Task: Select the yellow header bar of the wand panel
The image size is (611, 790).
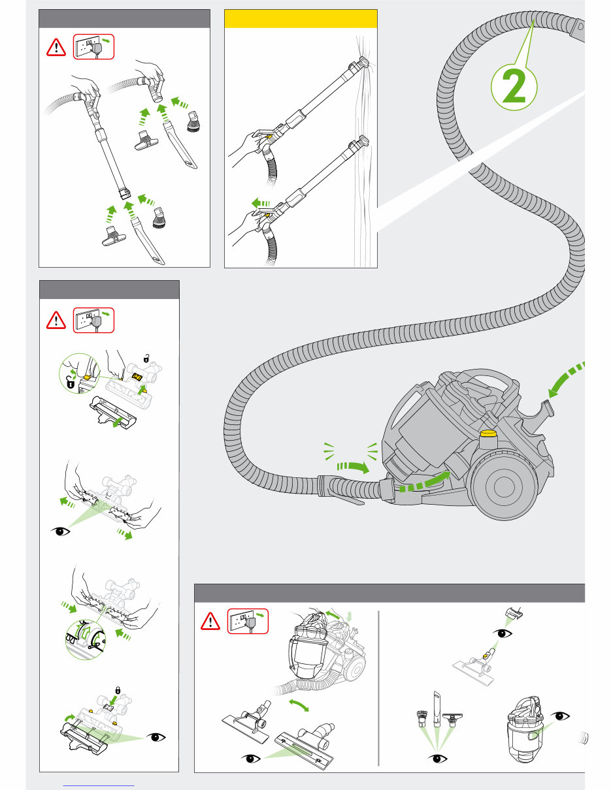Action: point(301,19)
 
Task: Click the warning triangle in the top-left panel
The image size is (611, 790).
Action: point(57,47)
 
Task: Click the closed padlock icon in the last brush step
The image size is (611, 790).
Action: point(118,690)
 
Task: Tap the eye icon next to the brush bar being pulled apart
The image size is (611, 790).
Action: point(63,532)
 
